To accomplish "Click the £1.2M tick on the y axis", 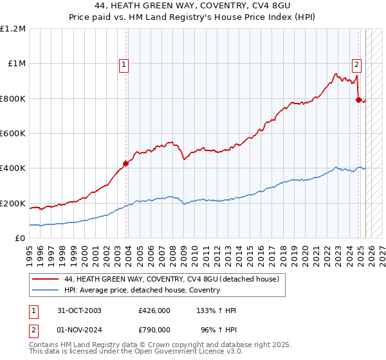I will [13, 29].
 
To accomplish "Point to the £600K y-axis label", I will [13, 134].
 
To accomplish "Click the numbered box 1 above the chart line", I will [123, 64].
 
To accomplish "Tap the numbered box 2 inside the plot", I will [356, 64].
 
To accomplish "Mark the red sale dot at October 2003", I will [125, 163].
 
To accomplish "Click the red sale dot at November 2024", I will [358, 100].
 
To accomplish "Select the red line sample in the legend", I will [46, 279].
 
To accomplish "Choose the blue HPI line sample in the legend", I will [46, 290].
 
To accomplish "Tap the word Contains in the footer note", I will [44, 346].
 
